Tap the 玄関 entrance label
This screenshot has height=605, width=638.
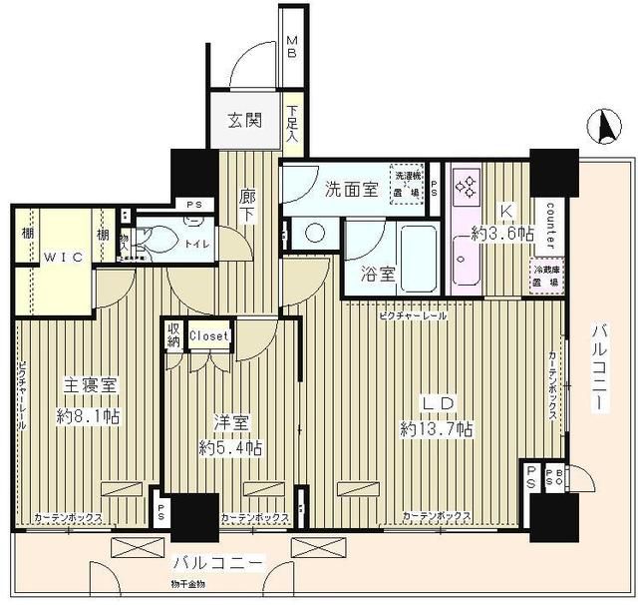[x=243, y=121]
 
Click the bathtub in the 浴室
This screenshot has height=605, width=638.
[x=410, y=254]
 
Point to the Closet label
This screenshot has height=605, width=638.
[x=209, y=336]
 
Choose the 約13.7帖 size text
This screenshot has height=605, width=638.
[x=437, y=428]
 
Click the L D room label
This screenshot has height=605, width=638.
[x=436, y=402]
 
